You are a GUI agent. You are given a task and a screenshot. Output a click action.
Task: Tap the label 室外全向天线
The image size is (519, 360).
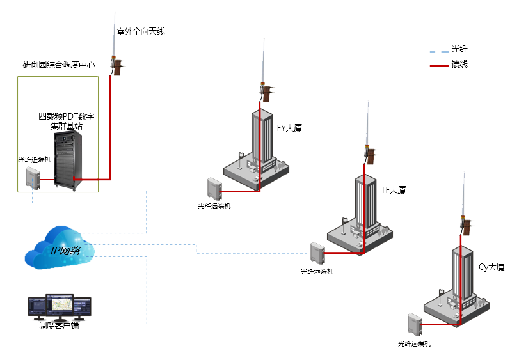[140, 31]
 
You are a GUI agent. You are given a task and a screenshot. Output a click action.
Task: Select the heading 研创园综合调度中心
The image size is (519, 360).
[59, 65]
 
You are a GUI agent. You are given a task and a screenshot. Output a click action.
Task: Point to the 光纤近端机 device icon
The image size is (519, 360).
[32, 177]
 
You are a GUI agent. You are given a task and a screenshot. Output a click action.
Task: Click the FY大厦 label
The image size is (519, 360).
[289, 128]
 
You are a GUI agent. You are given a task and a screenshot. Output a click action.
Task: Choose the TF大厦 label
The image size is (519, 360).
[393, 190]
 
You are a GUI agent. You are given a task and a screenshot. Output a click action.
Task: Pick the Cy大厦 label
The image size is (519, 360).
[491, 267]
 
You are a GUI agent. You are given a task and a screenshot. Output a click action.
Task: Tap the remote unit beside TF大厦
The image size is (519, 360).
[317, 252]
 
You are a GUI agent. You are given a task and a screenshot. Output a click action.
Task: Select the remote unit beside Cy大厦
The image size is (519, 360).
[414, 324]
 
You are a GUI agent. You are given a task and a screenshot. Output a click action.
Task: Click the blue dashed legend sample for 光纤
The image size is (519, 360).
[438, 49]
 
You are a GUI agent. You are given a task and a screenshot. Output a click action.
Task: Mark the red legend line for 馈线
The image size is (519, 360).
[438, 65]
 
